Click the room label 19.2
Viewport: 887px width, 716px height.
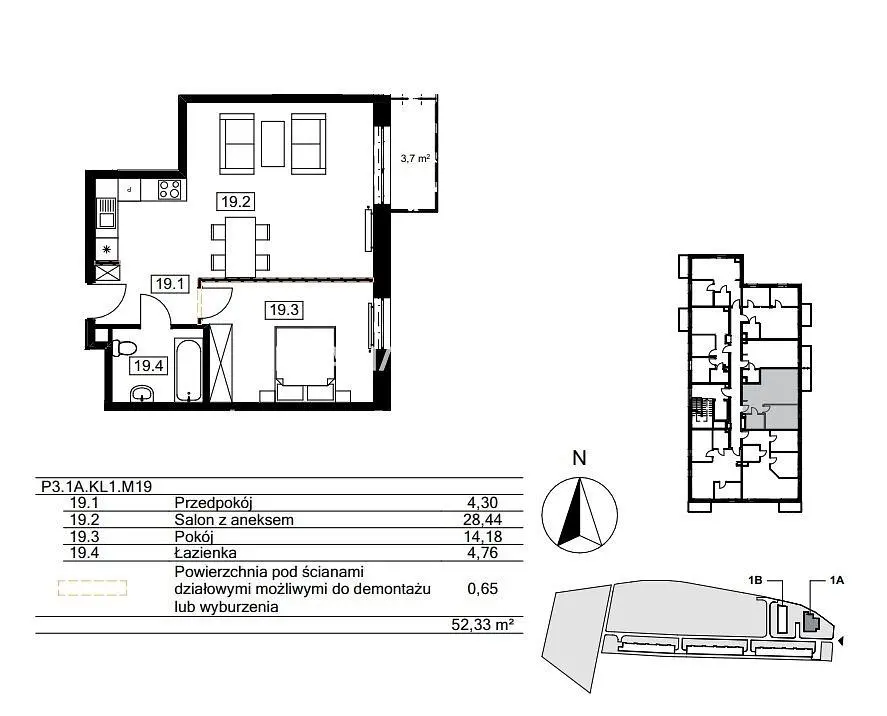point(235,201)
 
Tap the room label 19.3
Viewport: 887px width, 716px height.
point(284,310)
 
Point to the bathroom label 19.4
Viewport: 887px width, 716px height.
point(148,366)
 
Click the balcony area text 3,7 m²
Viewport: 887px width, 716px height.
point(415,159)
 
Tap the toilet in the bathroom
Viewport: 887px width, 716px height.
point(124,347)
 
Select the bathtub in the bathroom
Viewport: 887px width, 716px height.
point(188,370)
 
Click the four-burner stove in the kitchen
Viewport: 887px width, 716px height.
point(170,189)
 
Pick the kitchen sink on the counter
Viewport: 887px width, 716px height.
point(106,213)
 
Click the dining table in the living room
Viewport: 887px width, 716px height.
point(240,247)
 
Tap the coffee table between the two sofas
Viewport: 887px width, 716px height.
point(273,144)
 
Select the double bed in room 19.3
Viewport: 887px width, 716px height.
point(305,364)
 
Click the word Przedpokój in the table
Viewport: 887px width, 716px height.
point(213,503)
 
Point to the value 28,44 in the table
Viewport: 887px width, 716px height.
point(483,520)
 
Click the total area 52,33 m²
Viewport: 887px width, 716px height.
point(483,625)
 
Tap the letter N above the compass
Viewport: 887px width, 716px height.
point(579,458)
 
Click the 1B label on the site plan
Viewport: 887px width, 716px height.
point(756,580)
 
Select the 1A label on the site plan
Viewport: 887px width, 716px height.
point(837,580)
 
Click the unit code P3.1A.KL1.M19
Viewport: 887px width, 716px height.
point(96,486)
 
